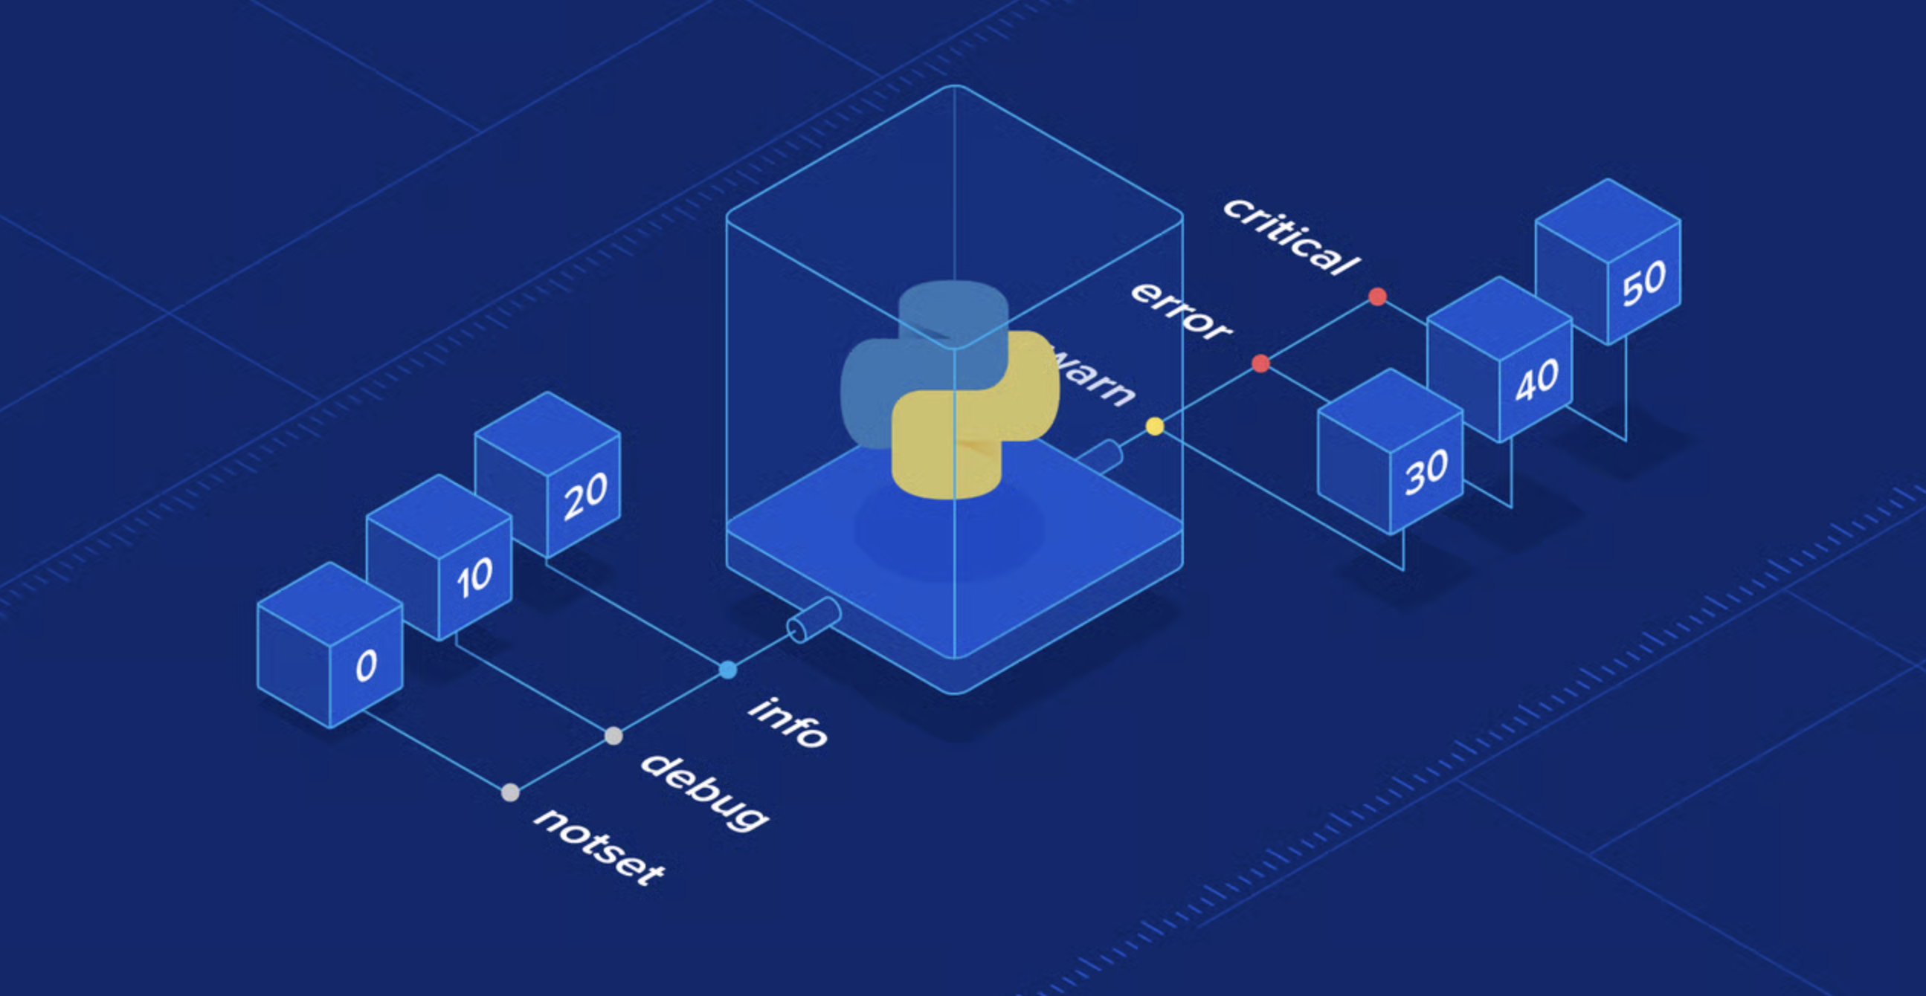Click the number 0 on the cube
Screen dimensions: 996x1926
[x=366, y=666]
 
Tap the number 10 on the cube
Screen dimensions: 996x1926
[x=474, y=578]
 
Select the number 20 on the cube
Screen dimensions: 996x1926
[x=584, y=496]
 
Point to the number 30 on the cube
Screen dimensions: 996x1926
[x=1426, y=472]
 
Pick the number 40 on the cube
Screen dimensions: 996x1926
[x=1536, y=381]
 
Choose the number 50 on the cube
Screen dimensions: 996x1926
[x=1643, y=284]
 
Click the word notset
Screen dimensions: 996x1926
[x=599, y=847]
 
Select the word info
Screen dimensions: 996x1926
[x=788, y=722]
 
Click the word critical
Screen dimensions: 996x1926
[x=1291, y=237]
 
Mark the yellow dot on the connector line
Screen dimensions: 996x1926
[x=1154, y=427]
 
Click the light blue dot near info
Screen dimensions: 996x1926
[x=728, y=670]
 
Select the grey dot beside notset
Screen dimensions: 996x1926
[x=510, y=793]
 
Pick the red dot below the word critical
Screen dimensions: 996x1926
[x=1377, y=297]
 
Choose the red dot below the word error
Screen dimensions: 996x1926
[x=1260, y=364]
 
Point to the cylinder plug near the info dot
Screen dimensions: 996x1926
[x=814, y=619]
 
